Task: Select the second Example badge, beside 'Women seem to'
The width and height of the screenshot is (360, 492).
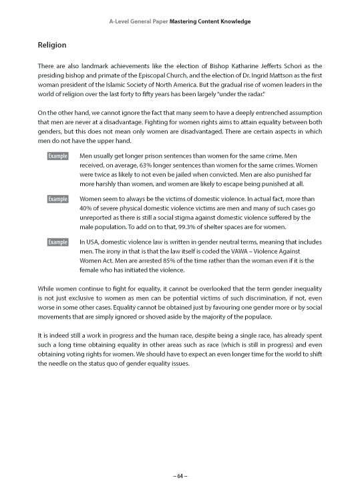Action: (57, 199)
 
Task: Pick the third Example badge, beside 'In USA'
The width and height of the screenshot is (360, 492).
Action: (57, 242)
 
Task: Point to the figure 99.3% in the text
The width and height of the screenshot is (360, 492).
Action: (194, 227)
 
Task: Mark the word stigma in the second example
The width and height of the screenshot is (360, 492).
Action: (204, 218)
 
